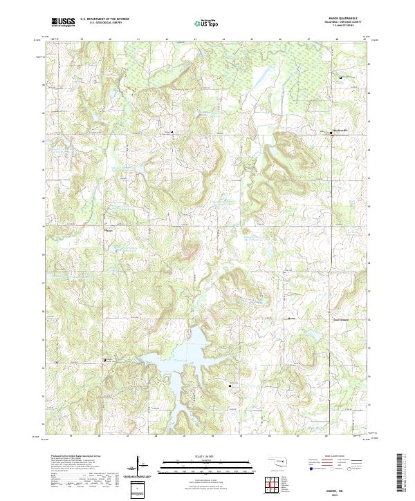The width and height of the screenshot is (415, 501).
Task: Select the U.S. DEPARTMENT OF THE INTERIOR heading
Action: pos(106,19)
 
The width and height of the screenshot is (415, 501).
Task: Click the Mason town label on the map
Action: pos(109,231)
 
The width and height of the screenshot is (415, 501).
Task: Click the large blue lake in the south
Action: pos(183,352)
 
